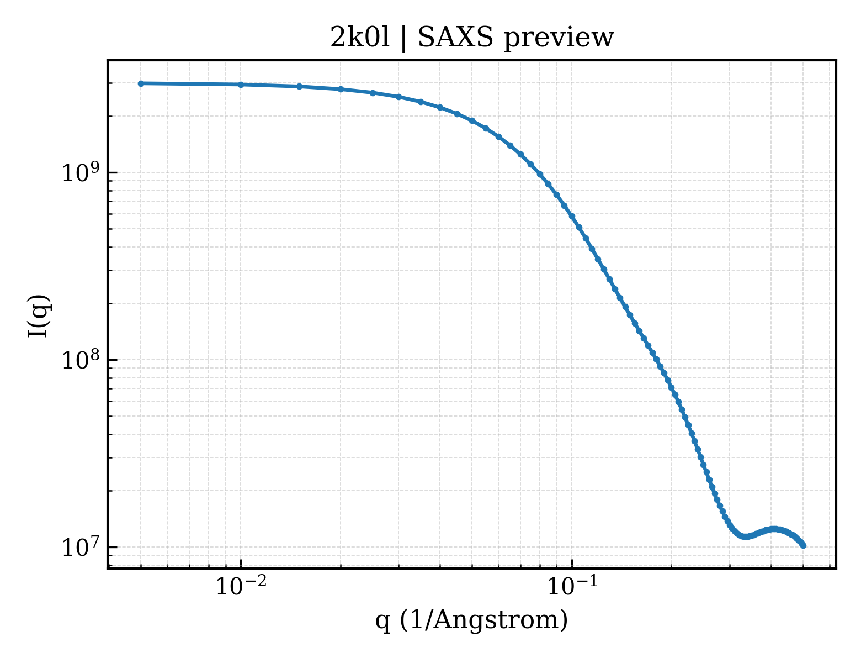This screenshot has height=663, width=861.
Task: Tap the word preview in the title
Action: click(x=559, y=40)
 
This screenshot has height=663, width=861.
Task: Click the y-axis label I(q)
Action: click(x=39, y=315)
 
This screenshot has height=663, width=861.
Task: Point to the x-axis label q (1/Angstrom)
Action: click(x=471, y=620)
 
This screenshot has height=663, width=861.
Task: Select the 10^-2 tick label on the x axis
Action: click(x=241, y=586)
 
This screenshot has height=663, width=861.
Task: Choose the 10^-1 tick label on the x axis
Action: click(x=572, y=586)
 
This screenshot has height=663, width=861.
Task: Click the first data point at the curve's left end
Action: click(x=141, y=83)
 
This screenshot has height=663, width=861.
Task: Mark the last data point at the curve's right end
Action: click(x=803, y=546)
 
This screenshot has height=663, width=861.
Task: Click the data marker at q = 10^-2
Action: click(x=241, y=85)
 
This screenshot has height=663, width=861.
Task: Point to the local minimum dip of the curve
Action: click(x=745, y=536)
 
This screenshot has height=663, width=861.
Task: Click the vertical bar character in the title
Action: click(x=403, y=39)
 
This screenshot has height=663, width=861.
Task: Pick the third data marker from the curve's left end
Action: click(x=300, y=86)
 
